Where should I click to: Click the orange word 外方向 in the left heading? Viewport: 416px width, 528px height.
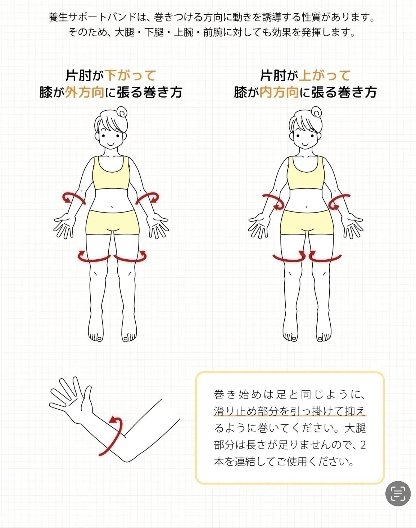coord(85,92)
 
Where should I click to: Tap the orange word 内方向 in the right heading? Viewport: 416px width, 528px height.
coord(279,92)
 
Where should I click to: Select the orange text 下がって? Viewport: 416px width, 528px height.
coord(131,76)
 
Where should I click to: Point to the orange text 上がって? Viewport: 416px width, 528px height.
coord(325,76)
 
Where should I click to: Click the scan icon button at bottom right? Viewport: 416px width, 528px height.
coord(398,493)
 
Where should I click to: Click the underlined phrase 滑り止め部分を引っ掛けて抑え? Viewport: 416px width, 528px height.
coord(289,411)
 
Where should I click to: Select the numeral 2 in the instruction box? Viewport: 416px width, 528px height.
coord(363,445)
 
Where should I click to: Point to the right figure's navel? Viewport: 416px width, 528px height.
coord(307,208)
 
